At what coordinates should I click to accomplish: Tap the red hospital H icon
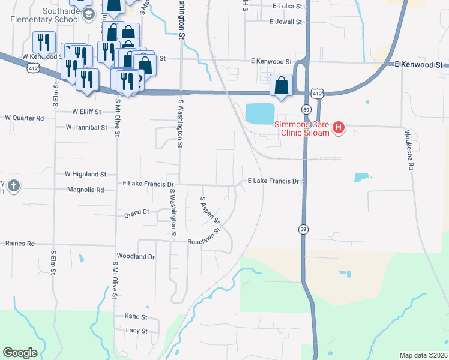coord(339,128)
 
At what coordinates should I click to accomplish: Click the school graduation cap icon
coord(89,14)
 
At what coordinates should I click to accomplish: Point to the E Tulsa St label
coord(289,6)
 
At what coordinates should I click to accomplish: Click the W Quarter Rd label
coord(23,118)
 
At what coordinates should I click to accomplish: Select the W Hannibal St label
coord(85,127)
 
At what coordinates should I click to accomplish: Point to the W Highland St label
coord(85,174)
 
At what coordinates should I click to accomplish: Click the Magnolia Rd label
coord(87,190)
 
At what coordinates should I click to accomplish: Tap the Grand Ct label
coord(136,214)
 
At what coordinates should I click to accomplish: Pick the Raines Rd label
coord(20,244)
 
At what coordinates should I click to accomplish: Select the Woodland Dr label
coord(136,256)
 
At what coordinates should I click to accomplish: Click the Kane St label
coord(136,316)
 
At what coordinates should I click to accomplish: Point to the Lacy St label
coord(136,331)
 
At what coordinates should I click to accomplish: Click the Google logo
coord(20,353)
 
